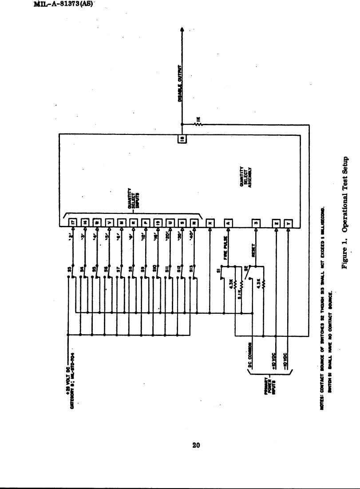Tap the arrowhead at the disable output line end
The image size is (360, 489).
point(182,29)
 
